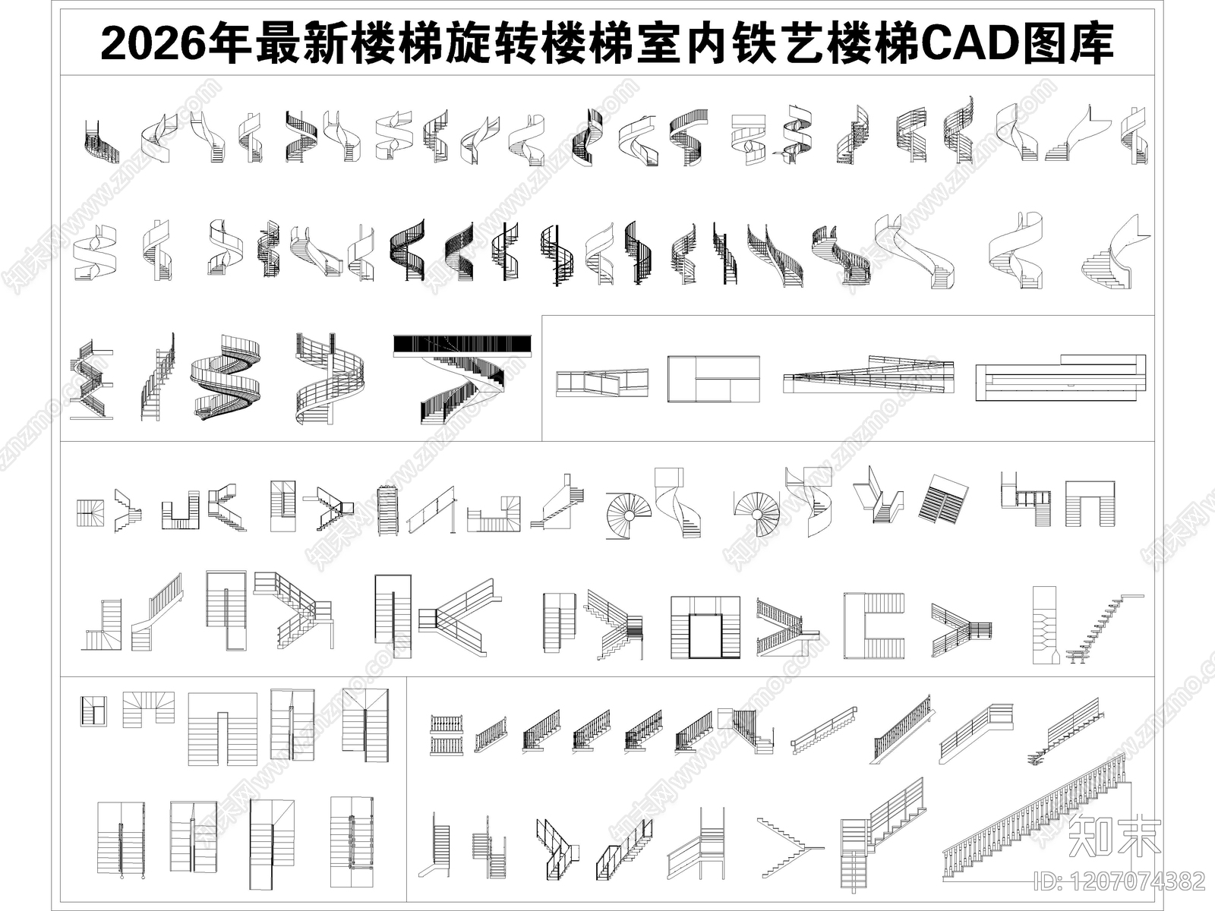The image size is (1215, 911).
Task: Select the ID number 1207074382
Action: click(1120, 881)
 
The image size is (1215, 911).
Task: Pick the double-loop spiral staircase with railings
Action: click(226, 377)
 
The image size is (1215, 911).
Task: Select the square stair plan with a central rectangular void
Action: click(705, 627)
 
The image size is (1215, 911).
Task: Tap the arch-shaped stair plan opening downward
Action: click(1090, 503)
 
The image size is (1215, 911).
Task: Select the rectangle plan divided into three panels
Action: click(713, 378)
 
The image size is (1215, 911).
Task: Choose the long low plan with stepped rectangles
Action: click(1060, 377)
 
